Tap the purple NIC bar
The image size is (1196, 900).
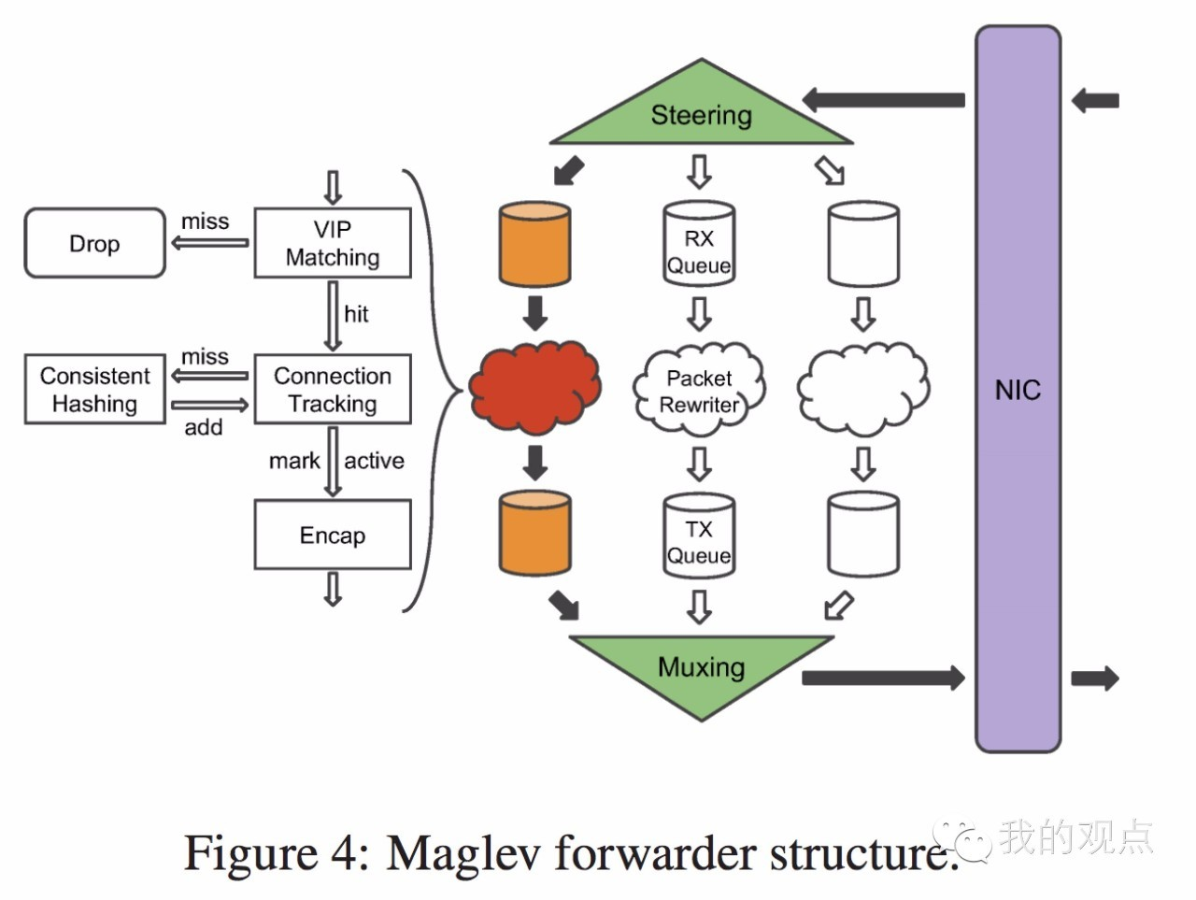coord(1018,389)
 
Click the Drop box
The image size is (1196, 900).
coord(94,243)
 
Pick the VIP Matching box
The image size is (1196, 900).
coord(333,243)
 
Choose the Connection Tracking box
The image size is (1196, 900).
coord(333,389)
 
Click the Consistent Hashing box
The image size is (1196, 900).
coord(94,389)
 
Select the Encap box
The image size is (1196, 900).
coord(333,535)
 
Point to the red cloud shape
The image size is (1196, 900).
coord(534,387)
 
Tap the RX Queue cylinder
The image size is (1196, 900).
coord(699,243)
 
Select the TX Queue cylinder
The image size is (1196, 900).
coord(699,536)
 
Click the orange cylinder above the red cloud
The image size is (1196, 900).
coord(534,243)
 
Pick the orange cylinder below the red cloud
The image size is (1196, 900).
coord(534,536)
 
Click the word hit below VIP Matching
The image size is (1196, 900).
coord(356,314)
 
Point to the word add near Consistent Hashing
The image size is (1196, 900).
coord(203,428)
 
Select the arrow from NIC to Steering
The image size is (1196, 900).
coord(883,99)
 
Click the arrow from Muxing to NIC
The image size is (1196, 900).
coord(883,678)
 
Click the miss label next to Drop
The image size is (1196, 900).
coord(205,221)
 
